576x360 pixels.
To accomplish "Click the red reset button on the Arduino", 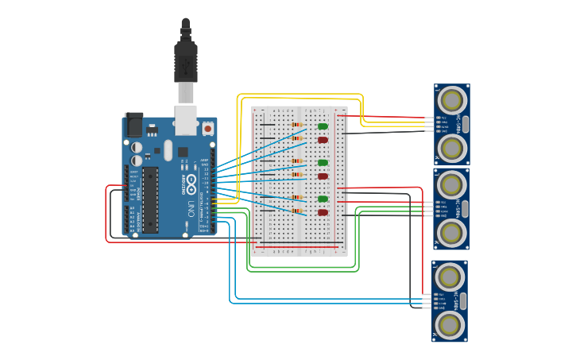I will (x=208, y=128).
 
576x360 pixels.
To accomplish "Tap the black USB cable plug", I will (x=185, y=62).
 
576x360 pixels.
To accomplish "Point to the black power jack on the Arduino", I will (x=133, y=125).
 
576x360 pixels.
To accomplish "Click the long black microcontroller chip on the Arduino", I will (x=150, y=199).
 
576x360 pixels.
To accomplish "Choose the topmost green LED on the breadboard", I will (x=323, y=126).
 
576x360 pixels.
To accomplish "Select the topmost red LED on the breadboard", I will (x=323, y=140).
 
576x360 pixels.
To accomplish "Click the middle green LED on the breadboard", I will (x=323, y=163).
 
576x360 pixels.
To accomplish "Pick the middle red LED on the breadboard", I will (x=323, y=176).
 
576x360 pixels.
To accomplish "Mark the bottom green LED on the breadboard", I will (x=323, y=199).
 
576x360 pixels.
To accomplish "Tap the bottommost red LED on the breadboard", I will (x=323, y=212).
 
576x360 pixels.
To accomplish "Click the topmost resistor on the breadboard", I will (x=297, y=125).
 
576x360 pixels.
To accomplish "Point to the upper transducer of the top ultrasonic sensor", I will (x=452, y=100).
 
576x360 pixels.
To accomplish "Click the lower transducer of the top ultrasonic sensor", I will (x=452, y=147).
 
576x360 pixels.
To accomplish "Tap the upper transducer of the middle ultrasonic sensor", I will (x=452, y=185).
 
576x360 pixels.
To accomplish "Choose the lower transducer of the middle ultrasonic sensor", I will (x=452, y=232).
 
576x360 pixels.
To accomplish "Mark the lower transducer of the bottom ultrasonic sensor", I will (x=450, y=324).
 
